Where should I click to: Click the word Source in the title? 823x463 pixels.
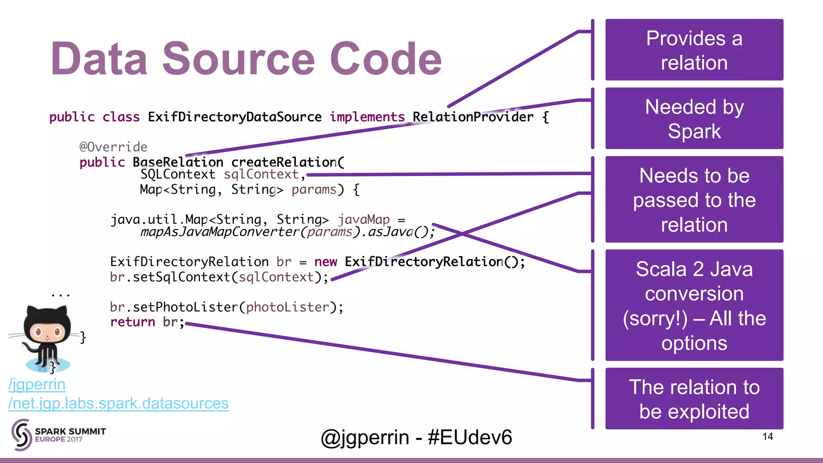pos(239,59)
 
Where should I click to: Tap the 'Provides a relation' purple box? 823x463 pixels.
pos(694,50)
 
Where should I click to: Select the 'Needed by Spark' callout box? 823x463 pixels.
pos(694,119)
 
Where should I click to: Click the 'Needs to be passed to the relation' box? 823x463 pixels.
pos(694,200)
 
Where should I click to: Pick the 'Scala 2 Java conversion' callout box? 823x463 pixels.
pos(694,305)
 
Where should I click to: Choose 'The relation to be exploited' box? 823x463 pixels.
pos(694,399)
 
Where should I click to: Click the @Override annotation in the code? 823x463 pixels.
pos(113,147)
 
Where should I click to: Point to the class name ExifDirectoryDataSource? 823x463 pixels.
pos(235,117)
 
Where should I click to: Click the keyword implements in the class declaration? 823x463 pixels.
pos(367,117)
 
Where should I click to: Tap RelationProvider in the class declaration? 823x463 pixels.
pos(473,117)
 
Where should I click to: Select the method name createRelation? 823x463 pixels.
pos(284,162)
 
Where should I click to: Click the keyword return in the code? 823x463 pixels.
pos(133,322)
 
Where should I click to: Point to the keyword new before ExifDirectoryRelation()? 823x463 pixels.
pos(326,262)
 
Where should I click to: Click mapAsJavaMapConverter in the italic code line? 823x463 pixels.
pos(220,232)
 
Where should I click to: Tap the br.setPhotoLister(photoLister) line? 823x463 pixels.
pos(226,307)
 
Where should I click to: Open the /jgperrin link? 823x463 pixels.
pos(37,385)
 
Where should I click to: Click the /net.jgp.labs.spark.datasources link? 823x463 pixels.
pos(119,403)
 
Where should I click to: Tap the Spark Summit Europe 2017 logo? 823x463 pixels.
pos(59,434)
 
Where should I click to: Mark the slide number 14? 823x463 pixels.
pos(768,436)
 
